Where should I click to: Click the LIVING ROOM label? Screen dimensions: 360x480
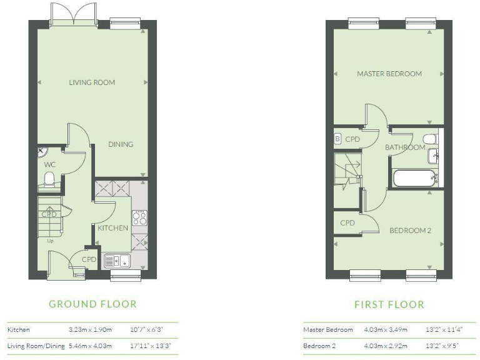point(92,82)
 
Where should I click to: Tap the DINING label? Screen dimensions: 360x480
point(121,144)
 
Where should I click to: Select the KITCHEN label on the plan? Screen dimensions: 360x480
point(113,228)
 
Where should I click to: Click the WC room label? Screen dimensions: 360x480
point(49,164)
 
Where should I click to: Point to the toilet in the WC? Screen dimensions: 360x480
point(50,181)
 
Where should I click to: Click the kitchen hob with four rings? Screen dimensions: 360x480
point(140,217)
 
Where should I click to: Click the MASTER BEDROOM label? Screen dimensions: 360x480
point(389,74)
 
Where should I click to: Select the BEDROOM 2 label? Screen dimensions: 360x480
point(410,231)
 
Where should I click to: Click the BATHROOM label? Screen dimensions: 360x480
point(404,148)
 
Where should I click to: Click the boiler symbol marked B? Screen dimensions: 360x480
point(337,139)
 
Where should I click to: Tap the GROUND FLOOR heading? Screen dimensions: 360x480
point(92,304)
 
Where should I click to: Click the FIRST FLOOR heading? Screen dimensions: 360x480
point(389,305)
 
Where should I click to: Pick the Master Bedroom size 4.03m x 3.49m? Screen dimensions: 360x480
point(386,329)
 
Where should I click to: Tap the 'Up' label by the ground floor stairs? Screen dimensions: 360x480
point(50,239)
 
